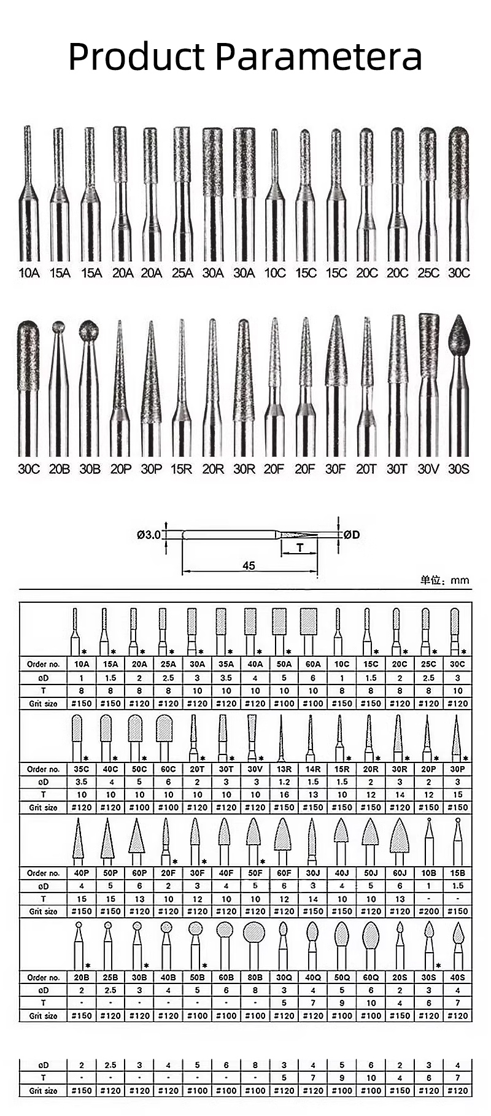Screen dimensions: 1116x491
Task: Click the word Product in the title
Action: pyautogui.click(x=136, y=56)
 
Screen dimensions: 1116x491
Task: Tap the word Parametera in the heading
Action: pyautogui.click(x=319, y=56)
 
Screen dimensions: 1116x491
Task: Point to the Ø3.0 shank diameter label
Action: pyautogui.click(x=149, y=535)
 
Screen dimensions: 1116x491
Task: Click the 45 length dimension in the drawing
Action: pyautogui.click(x=248, y=565)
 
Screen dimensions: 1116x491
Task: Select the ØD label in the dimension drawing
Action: pyautogui.click(x=351, y=535)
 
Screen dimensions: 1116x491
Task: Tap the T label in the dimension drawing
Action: pyautogui.click(x=300, y=547)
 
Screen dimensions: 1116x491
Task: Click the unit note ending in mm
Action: pyautogui.click(x=444, y=580)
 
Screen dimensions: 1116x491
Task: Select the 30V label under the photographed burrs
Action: pyautogui.click(x=428, y=469)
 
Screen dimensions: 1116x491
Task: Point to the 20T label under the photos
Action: pyautogui.click(x=366, y=469)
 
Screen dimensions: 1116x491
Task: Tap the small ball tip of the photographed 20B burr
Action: pyautogui.click(x=58, y=326)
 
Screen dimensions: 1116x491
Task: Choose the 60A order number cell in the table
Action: pyautogui.click(x=313, y=664)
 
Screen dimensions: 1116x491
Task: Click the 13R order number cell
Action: pyautogui.click(x=284, y=769)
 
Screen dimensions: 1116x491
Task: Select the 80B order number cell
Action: pyautogui.click(x=255, y=977)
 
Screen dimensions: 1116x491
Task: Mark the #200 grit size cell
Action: pyautogui.click(x=428, y=912)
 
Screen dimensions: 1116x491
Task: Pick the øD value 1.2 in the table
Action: pyautogui.click(x=284, y=782)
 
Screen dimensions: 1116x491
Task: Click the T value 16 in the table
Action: pyautogui.click(x=284, y=795)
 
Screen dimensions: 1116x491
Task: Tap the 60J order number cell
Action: pyautogui.click(x=400, y=873)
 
